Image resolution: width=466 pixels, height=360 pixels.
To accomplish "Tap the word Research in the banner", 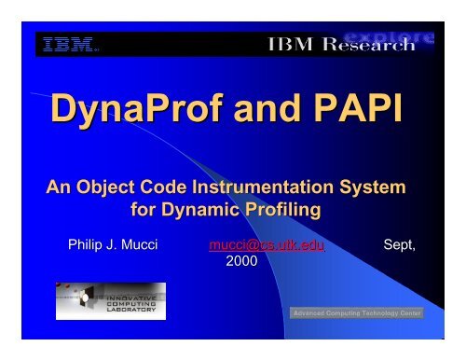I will click(377, 46).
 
